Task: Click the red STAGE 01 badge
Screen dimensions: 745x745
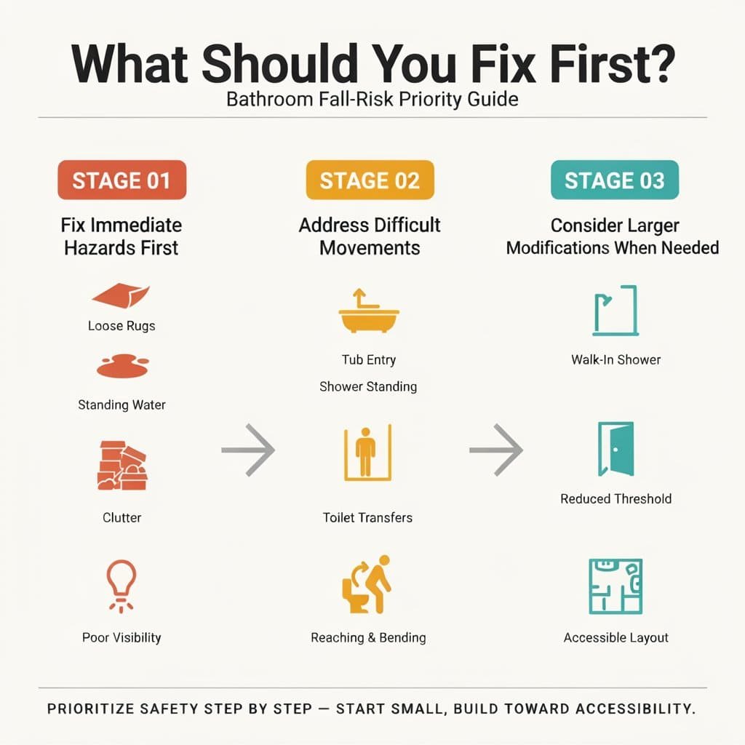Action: (x=121, y=180)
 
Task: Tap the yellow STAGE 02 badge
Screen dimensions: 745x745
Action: (x=370, y=180)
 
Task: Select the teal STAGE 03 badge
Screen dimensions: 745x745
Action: (x=615, y=180)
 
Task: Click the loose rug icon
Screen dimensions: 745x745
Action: (x=121, y=295)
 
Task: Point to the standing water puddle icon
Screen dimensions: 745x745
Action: (x=122, y=366)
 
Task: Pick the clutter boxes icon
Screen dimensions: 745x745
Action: (x=122, y=466)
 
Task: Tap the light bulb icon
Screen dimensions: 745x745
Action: (x=121, y=586)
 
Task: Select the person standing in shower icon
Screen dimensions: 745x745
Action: (x=367, y=453)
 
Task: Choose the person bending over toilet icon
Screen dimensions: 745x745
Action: (x=367, y=584)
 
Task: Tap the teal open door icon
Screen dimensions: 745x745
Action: (x=615, y=449)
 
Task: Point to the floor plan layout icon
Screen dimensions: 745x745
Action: (x=615, y=586)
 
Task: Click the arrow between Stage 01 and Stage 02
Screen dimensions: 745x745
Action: (x=248, y=450)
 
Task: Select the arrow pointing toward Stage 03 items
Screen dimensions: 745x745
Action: (x=496, y=450)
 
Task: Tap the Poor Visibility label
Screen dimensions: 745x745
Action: (x=121, y=637)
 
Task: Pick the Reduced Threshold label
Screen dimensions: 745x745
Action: (x=615, y=499)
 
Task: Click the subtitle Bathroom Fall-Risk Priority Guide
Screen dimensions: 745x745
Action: (x=372, y=99)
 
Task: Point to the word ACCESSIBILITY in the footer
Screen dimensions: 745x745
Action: (x=635, y=709)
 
